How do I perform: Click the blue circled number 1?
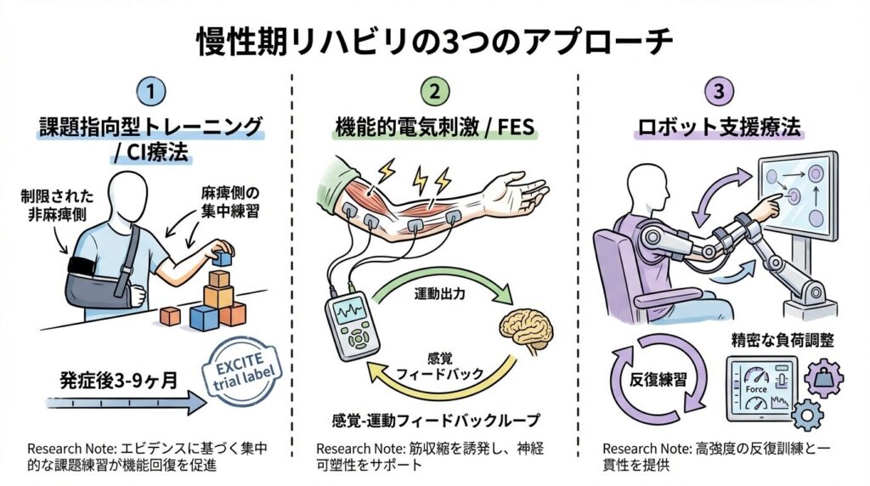coord(151,91)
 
